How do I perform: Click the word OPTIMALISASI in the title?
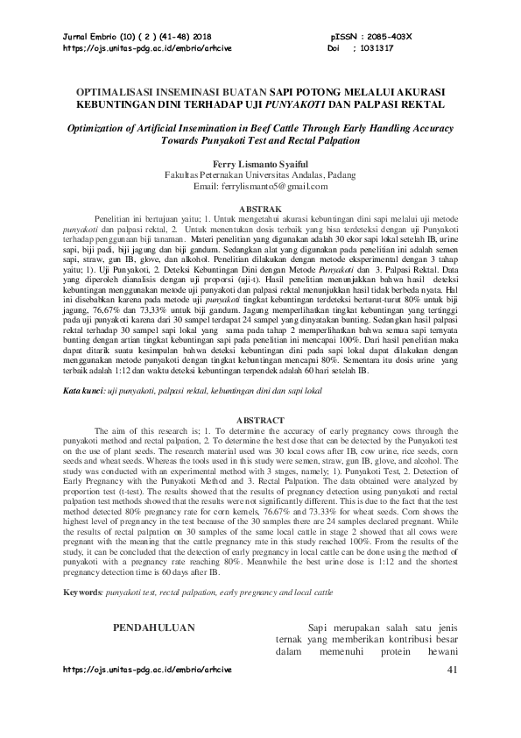(123, 92)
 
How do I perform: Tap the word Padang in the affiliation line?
(340, 175)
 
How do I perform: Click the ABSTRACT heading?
(260, 421)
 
